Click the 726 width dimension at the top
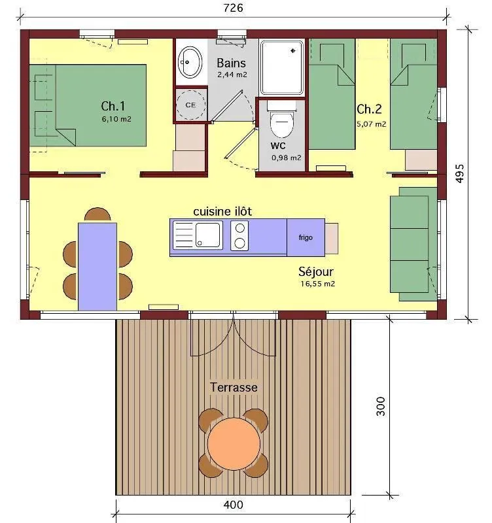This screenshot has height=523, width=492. [x=234, y=8]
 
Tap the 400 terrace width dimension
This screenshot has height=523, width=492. [x=234, y=505]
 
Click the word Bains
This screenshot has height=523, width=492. [x=232, y=63]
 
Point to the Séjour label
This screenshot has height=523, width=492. [x=317, y=271]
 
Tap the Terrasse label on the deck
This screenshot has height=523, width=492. [x=234, y=387]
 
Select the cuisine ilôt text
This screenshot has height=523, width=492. [x=222, y=211]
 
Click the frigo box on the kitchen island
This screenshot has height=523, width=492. [x=306, y=237]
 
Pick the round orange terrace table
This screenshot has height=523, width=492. [x=234, y=443]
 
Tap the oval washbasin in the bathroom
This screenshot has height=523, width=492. [x=190, y=62]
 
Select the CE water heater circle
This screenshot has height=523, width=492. [x=190, y=105]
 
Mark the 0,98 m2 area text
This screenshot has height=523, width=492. [x=287, y=158]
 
